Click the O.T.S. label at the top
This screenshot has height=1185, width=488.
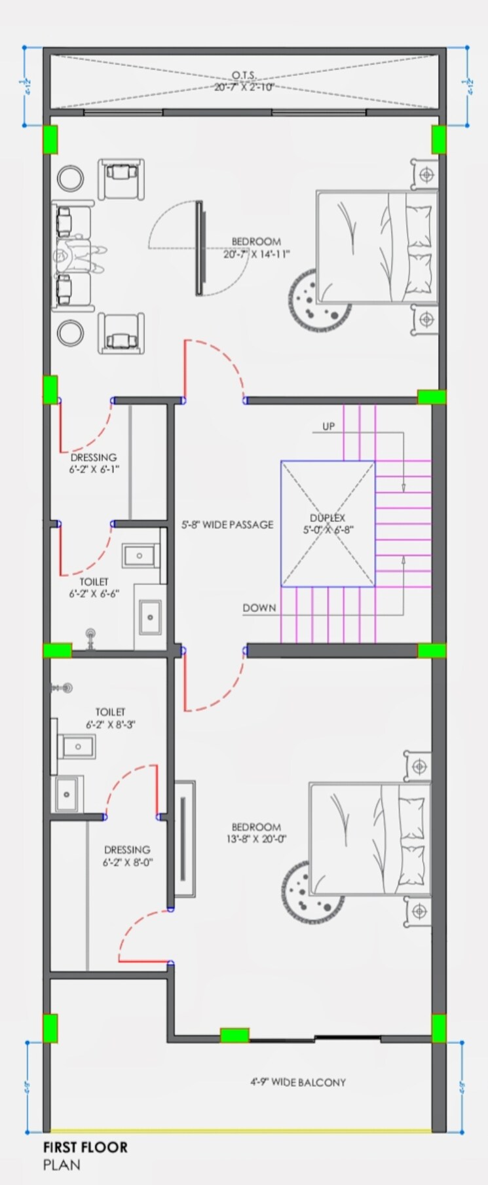click(244, 76)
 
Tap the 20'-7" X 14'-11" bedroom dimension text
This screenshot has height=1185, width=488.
click(256, 254)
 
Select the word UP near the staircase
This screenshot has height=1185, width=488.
click(328, 426)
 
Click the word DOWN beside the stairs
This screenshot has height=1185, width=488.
click(259, 608)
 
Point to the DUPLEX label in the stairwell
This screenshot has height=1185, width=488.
click(328, 518)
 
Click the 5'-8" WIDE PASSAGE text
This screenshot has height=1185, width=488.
click(227, 525)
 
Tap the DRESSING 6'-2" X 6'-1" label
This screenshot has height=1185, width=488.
click(94, 462)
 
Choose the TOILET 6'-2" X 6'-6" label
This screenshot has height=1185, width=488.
click(94, 588)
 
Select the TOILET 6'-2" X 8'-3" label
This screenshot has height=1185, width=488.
click(110, 718)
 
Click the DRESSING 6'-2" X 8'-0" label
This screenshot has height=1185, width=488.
click(127, 856)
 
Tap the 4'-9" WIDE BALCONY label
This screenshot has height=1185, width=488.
click(297, 1082)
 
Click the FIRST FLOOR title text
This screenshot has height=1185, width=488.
click(85, 1147)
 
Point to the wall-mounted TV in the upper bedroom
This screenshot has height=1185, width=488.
click(199, 248)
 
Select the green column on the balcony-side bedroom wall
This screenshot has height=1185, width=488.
click(235, 1035)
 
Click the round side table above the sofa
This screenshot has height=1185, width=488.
click(69, 178)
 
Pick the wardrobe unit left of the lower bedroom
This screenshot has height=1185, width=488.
click(185, 839)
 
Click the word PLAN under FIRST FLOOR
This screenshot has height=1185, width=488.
click(62, 1165)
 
